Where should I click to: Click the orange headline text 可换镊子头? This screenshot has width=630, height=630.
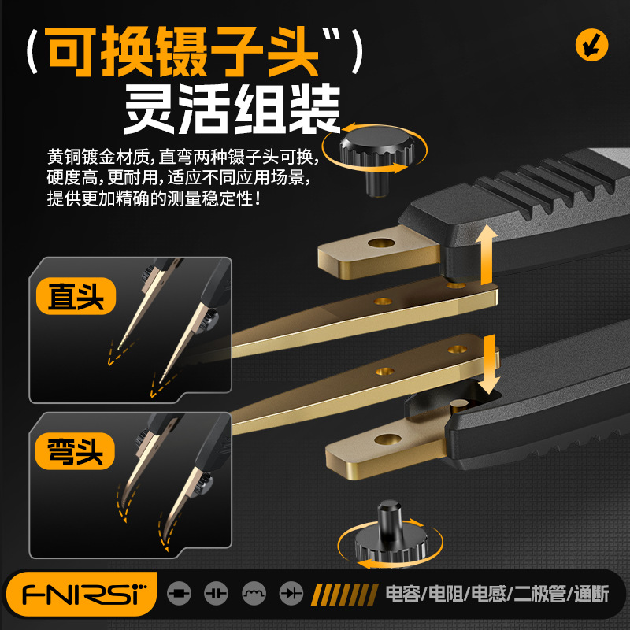pos(185,53)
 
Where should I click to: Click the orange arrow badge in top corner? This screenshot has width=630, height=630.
pos(591,44)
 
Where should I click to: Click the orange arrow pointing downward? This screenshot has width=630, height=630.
pos(490,365)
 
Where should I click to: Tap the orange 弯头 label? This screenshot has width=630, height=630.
pos(76,452)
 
